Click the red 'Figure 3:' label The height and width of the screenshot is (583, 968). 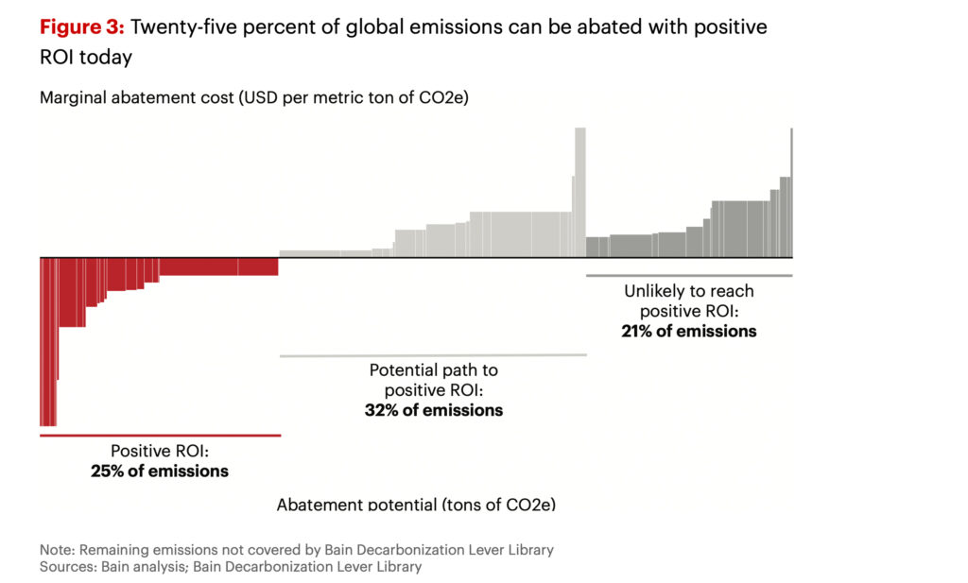click(x=82, y=27)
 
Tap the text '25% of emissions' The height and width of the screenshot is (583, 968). click(x=160, y=471)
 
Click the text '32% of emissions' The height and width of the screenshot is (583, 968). click(x=434, y=410)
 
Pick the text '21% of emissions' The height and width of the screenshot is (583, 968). click(x=688, y=331)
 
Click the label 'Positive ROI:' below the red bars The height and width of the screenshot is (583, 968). click(x=160, y=451)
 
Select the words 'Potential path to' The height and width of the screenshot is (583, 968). click(x=434, y=369)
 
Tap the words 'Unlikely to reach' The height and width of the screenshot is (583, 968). click(x=688, y=291)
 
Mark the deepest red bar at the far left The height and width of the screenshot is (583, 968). click(x=47, y=341)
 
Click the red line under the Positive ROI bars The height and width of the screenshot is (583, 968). click(x=160, y=436)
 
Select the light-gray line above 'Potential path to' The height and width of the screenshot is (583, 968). click(x=433, y=355)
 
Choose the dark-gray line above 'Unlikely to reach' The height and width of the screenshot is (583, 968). click(x=688, y=275)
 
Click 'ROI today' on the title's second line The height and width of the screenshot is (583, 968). click(x=85, y=57)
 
